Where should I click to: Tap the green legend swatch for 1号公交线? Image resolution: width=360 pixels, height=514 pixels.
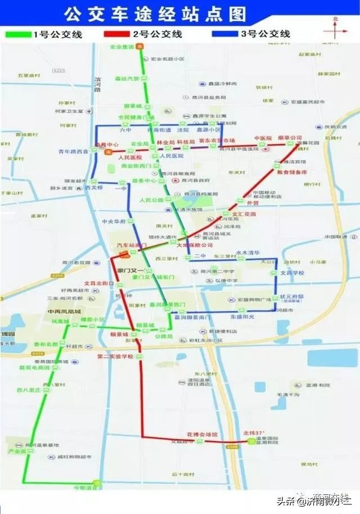[x=17, y=34]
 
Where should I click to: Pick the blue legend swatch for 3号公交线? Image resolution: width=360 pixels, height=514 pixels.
[x=225, y=34]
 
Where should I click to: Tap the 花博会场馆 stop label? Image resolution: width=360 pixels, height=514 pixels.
[x=202, y=434]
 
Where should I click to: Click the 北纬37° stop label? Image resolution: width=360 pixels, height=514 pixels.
[x=253, y=433]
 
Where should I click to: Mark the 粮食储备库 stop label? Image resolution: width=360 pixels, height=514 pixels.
[x=293, y=172]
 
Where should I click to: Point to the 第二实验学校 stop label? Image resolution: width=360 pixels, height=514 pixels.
[x=115, y=357]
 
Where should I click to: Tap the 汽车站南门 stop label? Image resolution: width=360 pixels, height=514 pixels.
[x=131, y=246]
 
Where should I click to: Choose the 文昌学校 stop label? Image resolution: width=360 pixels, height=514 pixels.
[x=292, y=273]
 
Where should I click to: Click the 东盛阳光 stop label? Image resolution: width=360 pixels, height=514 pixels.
[x=242, y=317]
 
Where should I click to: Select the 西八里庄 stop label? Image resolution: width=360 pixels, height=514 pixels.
[x=29, y=389]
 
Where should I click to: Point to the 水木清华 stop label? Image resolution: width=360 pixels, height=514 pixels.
[x=247, y=253]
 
